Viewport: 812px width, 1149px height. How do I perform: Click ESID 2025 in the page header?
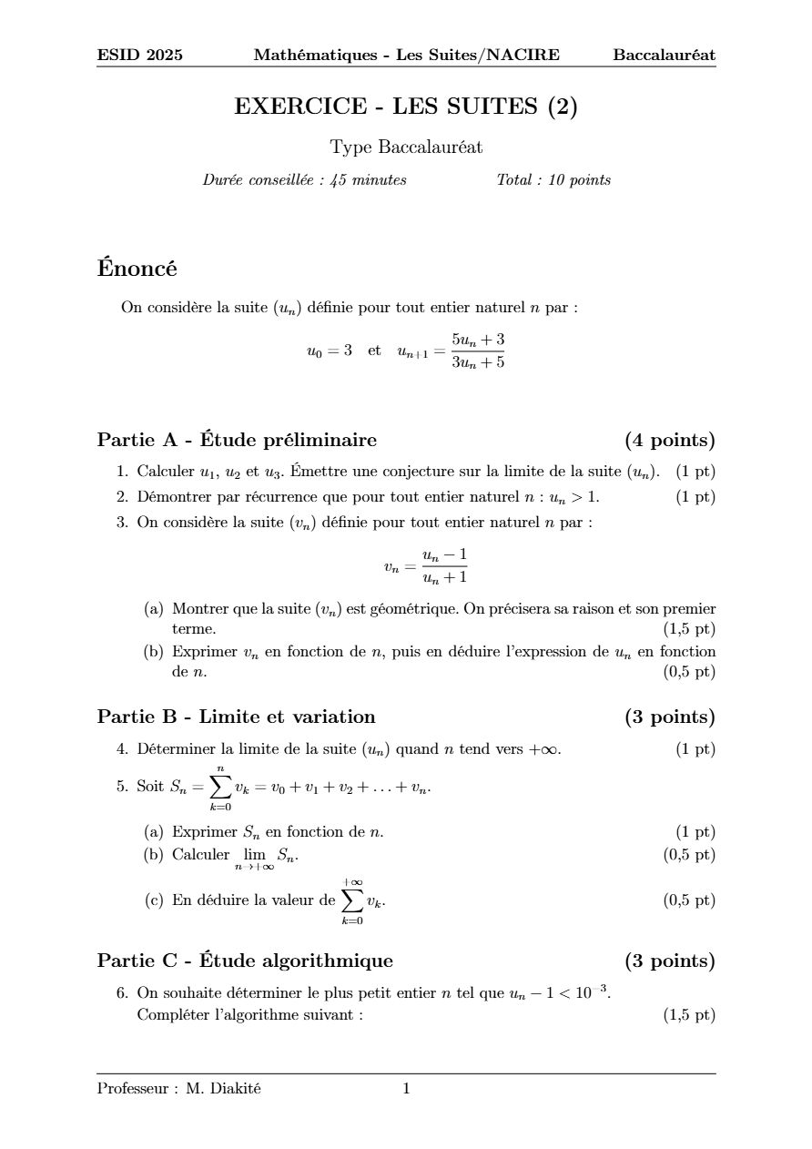pyautogui.click(x=139, y=56)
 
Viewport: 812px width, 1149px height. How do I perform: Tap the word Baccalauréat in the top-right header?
pyautogui.click(x=664, y=56)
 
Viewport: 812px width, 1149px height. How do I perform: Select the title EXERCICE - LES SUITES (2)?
pyautogui.click(x=406, y=107)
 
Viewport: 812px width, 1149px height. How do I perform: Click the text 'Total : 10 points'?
pyautogui.click(x=553, y=180)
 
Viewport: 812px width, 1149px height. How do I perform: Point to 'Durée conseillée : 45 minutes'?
pyautogui.click(x=304, y=180)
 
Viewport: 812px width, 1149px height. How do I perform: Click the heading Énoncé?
pyautogui.click(x=137, y=269)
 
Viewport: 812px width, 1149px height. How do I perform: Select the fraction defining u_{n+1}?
pyautogui.click(x=478, y=351)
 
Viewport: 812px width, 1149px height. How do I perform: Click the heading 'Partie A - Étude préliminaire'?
pyautogui.click(x=237, y=441)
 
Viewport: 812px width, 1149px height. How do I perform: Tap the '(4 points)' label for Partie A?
pyautogui.click(x=669, y=441)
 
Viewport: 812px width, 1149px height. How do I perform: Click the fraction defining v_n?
pyautogui.click(x=444, y=566)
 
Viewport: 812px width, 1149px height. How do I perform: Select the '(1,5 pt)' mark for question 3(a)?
pyautogui.click(x=689, y=629)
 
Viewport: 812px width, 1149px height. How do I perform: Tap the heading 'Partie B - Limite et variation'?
pyautogui.click(x=236, y=717)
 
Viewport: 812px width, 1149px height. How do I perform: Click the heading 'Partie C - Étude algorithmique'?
pyautogui.click(x=245, y=961)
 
